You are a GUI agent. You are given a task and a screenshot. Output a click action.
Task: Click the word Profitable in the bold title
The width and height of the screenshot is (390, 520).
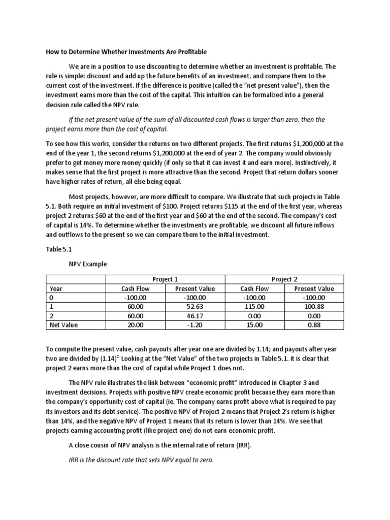[189, 52]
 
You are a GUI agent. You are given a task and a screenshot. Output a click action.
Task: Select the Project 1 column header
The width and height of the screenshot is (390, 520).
[165, 279]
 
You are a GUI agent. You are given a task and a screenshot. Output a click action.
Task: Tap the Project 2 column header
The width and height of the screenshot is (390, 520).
[284, 279]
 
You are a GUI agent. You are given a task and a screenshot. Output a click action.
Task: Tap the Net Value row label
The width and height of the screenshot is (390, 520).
[63, 325]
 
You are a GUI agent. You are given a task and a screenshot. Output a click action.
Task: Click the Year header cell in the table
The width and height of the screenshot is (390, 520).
[56, 288]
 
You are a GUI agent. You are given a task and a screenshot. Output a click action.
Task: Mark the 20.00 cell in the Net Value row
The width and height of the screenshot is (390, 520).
[136, 325]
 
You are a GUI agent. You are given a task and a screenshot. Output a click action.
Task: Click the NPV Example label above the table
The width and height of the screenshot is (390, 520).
[88, 265]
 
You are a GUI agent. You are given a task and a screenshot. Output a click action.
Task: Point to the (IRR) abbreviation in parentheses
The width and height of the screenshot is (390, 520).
[242, 445]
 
